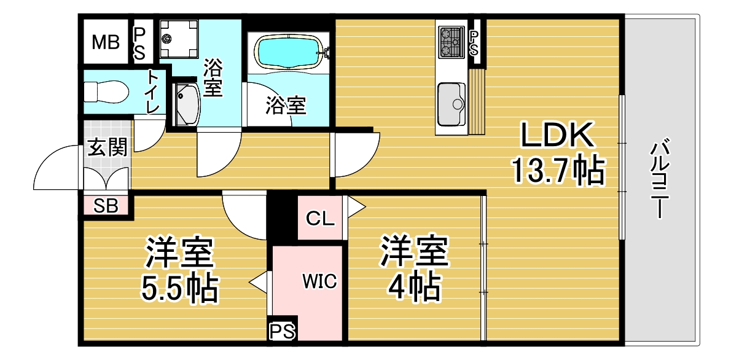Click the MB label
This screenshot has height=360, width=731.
point(106,42)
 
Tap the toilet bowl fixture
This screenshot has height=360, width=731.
point(107,92)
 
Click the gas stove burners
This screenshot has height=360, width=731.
point(451,42)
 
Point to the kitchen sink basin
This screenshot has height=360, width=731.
point(451,104)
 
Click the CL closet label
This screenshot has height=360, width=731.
point(320,218)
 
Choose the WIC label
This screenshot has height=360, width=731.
point(319,281)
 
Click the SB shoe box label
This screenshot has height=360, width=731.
point(106,206)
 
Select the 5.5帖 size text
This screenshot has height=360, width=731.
point(179,289)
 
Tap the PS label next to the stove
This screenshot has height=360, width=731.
point(474,44)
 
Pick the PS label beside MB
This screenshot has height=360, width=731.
point(139,44)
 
